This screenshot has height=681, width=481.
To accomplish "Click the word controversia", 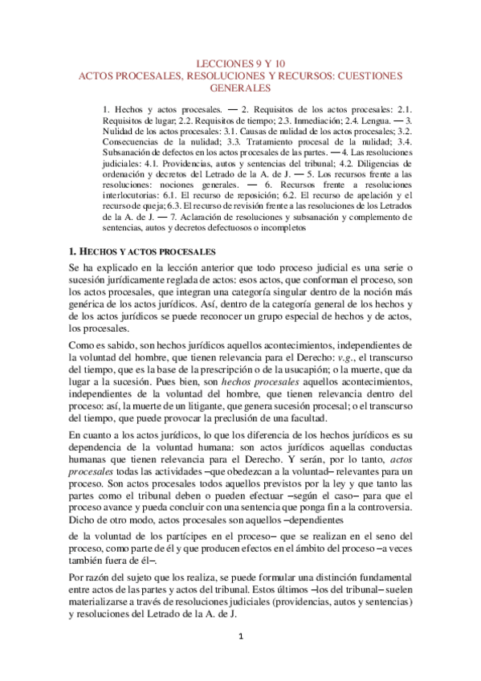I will [x=381, y=506].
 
